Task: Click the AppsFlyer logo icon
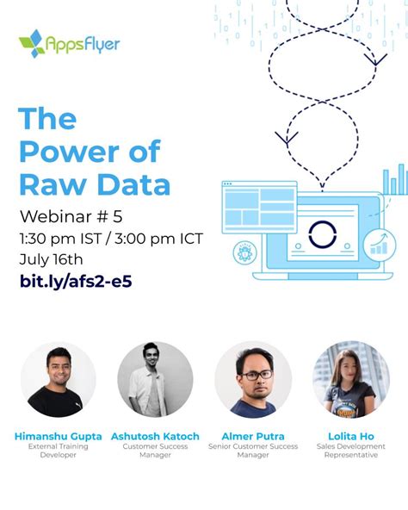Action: pyautogui.click(x=32, y=42)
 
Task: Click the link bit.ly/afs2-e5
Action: pyautogui.click(x=75, y=281)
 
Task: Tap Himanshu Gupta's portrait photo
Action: pyautogui.click(x=58, y=380)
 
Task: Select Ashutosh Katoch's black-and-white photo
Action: pyautogui.click(x=155, y=380)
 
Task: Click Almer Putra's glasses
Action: pyautogui.click(x=254, y=375)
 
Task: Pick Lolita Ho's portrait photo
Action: pyautogui.click(x=350, y=380)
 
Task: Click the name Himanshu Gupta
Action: pyautogui.click(x=58, y=436)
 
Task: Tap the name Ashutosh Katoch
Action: pyautogui.click(x=155, y=436)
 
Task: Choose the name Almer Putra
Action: pyautogui.click(x=253, y=436)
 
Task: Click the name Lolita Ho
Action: pyautogui.click(x=350, y=436)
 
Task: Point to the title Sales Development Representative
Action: pyautogui.click(x=350, y=451)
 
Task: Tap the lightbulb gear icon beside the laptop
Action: pyautogui.click(x=244, y=253)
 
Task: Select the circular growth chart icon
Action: pyautogui.click(x=379, y=246)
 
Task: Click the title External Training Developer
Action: pyautogui.click(x=58, y=451)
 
